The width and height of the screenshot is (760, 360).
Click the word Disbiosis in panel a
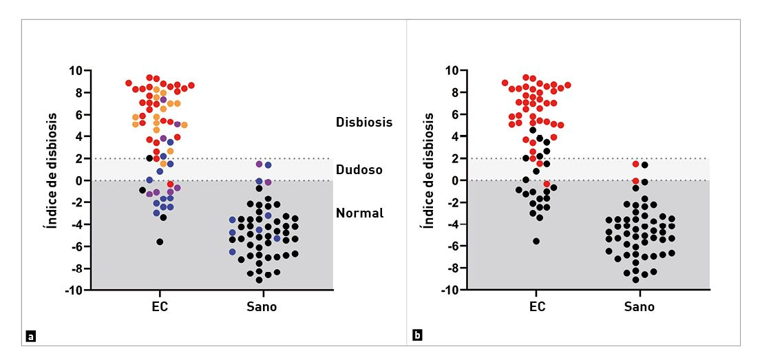click(364, 123)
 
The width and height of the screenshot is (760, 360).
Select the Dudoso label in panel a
click(359, 169)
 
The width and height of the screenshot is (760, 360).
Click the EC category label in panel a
click(160, 307)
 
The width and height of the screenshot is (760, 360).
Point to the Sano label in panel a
click(262, 307)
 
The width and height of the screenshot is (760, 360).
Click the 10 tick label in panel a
click(75, 70)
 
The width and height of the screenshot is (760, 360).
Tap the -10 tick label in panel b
click(450, 290)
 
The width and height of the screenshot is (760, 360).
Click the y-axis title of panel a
click(52, 171)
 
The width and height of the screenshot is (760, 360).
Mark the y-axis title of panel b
click(429, 171)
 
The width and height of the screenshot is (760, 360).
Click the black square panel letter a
click(30, 337)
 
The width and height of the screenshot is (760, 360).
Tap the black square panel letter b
click(417, 337)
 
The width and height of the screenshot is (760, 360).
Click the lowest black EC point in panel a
click(160, 242)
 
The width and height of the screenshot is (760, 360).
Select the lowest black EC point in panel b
click(536, 241)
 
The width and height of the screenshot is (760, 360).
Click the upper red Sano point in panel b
click(636, 164)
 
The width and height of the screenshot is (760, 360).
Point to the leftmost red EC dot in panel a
click(129, 83)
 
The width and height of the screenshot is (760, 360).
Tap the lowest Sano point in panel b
click(636, 279)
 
